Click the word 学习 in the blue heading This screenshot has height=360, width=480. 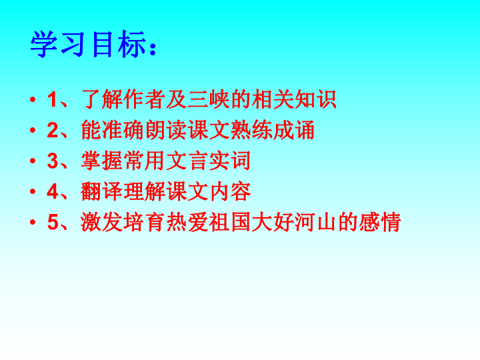(57, 44)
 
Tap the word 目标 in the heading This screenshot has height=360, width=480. (119, 44)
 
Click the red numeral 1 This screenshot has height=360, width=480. (52, 99)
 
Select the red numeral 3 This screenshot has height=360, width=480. (53, 161)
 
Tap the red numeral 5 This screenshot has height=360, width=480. (53, 222)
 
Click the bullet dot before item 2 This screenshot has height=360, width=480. (33, 130)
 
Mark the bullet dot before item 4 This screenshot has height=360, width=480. (33, 191)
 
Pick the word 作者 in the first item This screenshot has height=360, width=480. (144, 99)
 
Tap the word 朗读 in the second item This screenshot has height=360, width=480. (165, 130)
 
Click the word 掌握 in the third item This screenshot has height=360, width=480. (101, 161)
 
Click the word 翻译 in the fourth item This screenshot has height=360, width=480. (101, 191)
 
